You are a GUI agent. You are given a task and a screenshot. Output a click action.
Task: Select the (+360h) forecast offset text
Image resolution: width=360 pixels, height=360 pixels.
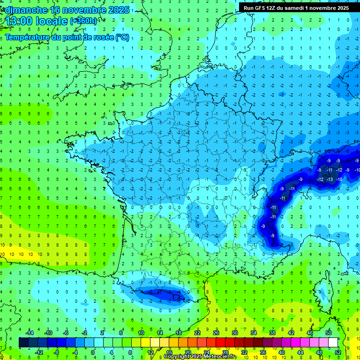83,21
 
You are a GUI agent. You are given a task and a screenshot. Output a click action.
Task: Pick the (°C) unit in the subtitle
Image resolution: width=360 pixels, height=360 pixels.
122,37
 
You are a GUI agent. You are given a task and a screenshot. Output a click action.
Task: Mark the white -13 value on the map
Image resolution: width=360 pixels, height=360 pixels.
330,179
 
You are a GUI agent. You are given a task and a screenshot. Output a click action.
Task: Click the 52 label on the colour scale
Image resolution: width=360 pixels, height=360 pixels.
337,352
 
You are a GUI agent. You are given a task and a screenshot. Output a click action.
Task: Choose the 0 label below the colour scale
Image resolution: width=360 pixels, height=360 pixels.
93,352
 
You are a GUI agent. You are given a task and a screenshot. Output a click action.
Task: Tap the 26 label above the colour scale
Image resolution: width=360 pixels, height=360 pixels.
216,332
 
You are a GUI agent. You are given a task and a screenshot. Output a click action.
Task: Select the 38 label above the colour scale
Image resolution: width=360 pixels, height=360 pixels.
272,332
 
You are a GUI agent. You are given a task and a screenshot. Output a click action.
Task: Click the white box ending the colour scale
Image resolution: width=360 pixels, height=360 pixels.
333,342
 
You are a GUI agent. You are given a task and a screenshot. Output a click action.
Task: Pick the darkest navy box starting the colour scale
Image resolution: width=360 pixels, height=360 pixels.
23,342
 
